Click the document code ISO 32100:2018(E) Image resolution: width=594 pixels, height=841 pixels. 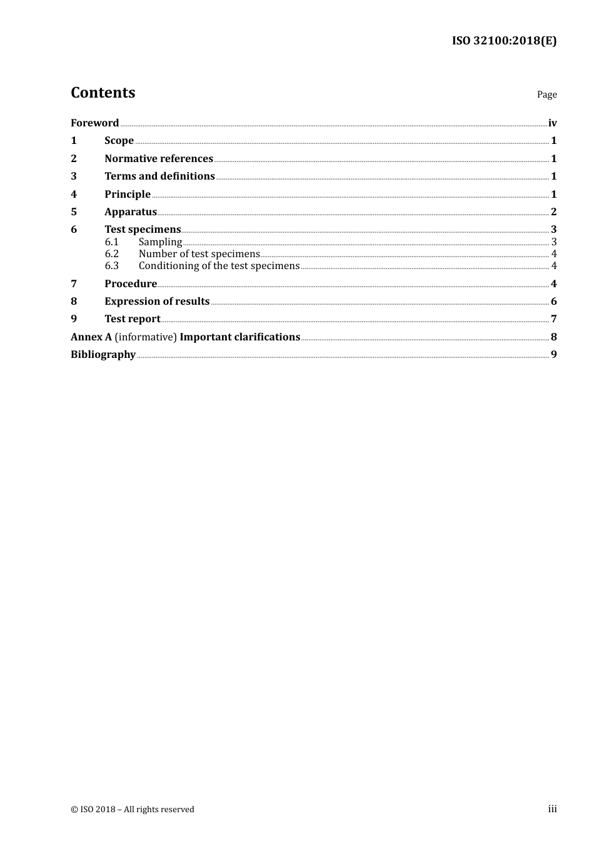tap(504, 41)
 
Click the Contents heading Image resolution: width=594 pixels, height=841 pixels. tap(103, 93)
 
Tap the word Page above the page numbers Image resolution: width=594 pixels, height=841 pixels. tap(546, 94)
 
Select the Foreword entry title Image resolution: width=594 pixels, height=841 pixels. tap(94, 123)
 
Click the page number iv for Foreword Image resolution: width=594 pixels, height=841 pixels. tap(552, 123)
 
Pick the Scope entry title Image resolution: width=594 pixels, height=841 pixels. tap(119, 141)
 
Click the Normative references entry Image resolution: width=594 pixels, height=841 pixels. tap(159, 158)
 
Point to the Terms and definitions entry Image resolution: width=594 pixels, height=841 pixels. tap(159, 176)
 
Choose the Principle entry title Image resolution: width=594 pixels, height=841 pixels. tap(128, 194)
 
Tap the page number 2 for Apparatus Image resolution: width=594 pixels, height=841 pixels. tap(553, 212)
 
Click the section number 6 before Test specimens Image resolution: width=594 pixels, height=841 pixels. tap(74, 230)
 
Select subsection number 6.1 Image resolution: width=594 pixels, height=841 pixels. tap(111, 242)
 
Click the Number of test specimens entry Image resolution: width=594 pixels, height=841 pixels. tap(199, 253)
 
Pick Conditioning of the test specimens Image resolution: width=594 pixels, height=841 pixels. tap(219, 266)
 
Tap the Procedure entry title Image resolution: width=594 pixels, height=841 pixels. tap(131, 283)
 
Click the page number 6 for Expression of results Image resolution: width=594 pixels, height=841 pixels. tap(553, 302)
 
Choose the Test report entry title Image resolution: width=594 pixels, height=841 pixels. tap(132, 319)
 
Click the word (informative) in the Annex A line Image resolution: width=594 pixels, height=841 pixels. tap(146, 337)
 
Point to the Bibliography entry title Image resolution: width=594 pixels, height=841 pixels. tap(103, 355)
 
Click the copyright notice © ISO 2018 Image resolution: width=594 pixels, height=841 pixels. tap(132, 809)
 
